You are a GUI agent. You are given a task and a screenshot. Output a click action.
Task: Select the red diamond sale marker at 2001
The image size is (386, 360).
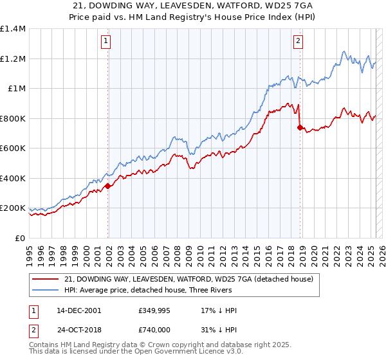(108, 186)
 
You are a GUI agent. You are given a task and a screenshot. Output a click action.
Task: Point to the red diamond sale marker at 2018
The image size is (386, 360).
(300, 128)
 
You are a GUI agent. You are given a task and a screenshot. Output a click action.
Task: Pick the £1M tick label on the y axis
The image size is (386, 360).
(17, 89)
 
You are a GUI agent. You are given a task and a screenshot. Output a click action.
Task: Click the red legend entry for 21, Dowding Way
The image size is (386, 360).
(188, 279)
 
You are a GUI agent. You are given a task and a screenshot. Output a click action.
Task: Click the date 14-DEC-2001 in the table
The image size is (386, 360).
(79, 310)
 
